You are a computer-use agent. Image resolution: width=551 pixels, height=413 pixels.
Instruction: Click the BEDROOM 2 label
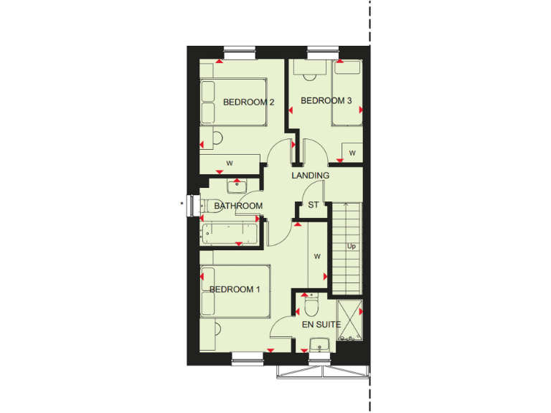click(x=249, y=102)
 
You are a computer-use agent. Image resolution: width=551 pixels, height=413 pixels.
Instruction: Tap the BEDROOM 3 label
click(x=326, y=101)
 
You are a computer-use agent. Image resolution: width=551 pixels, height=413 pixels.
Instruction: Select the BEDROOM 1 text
click(x=235, y=290)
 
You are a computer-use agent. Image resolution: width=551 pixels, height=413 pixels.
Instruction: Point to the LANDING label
click(x=311, y=176)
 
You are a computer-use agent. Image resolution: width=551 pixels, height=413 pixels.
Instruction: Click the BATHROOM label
click(x=239, y=206)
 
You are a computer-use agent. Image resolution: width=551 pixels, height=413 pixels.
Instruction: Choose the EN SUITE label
click(x=320, y=325)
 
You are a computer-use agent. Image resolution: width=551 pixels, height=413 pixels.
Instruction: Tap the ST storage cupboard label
click(x=313, y=205)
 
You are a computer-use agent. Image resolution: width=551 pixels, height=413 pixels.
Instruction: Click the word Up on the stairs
click(x=352, y=247)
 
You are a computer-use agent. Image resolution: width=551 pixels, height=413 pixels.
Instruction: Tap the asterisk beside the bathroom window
click(x=182, y=205)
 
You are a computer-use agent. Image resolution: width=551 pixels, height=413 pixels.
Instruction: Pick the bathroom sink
click(x=237, y=186)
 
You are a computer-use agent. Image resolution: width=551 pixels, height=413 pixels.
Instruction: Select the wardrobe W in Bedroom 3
click(x=352, y=153)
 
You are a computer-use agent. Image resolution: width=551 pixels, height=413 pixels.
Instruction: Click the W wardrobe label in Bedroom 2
click(x=230, y=163)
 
